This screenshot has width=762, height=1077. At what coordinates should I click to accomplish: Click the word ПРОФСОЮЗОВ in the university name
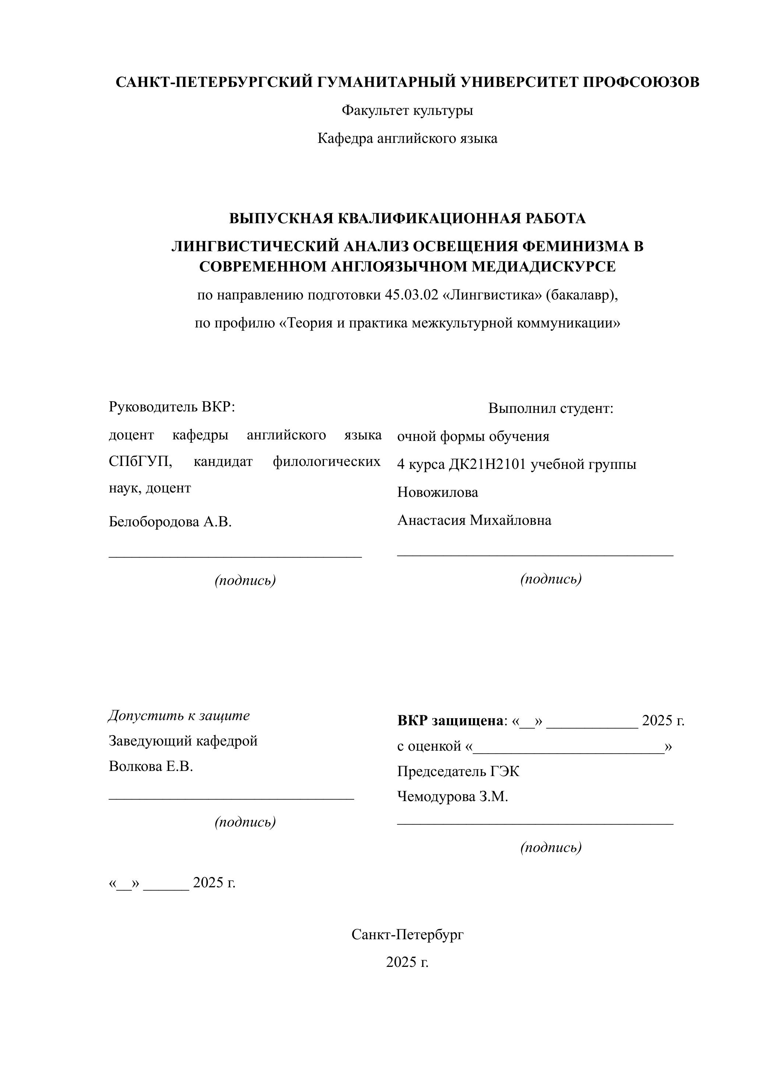[x=641, y=82]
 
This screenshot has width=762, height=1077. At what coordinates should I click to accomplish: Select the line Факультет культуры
[x=407, y=110]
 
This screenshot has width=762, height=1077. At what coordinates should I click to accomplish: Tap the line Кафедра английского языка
[x=407, y=138]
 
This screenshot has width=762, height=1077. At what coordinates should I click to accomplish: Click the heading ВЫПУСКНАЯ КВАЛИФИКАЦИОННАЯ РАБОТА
[x=407, y=218]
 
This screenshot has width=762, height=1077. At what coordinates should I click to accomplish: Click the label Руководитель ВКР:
[x=172, y=407]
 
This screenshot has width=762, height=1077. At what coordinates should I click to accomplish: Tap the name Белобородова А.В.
[x=170, y=522]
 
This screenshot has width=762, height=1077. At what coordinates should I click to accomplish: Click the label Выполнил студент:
[x=550, y=408]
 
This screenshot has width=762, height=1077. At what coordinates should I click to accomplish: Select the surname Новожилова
[x=437, y=492]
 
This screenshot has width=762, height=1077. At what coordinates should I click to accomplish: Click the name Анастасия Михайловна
[x=474, y=520]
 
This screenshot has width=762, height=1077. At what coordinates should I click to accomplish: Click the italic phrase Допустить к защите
[x=179, y=716]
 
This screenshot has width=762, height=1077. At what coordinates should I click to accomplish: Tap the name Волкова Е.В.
[x=151, y=766]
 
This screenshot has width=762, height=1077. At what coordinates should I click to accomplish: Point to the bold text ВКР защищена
[x=450, y=720]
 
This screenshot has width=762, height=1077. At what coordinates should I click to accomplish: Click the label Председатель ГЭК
[x=458, y=771]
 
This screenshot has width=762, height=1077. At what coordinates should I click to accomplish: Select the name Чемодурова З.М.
[x=452, y=796]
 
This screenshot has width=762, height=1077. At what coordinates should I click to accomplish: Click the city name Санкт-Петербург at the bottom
[x=407, y=934]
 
